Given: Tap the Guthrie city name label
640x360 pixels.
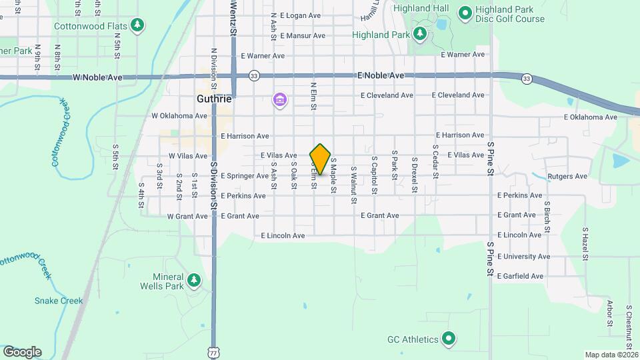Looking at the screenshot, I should tap(215, 99).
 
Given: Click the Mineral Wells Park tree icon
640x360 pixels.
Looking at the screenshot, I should tap(194, 280).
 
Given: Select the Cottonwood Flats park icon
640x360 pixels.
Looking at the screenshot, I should tap(138, 25).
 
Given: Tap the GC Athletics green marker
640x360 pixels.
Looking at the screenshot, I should tap(449, 339).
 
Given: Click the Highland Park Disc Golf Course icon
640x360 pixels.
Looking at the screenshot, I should tap(465, 12).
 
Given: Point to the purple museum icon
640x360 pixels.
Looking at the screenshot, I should tap(280, 101).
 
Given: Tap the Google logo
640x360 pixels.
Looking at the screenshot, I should tap(21, 351).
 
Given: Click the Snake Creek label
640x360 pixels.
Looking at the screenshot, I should tap(59, 301).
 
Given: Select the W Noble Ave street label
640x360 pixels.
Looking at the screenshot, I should tap(98, 77).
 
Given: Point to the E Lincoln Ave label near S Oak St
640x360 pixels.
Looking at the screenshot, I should tap(283, 235).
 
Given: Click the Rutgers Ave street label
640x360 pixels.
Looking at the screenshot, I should tap(567, 177).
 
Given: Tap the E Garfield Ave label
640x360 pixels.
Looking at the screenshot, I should tap(520, 276).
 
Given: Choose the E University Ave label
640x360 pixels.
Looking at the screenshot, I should tap(524, 256).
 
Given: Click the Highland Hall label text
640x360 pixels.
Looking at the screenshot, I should tap(421, 9).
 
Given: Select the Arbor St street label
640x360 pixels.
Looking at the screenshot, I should tap(609, 313).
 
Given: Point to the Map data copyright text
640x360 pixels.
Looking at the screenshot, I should tap(611, 355).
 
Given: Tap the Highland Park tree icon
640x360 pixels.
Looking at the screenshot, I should tap(419, 33).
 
